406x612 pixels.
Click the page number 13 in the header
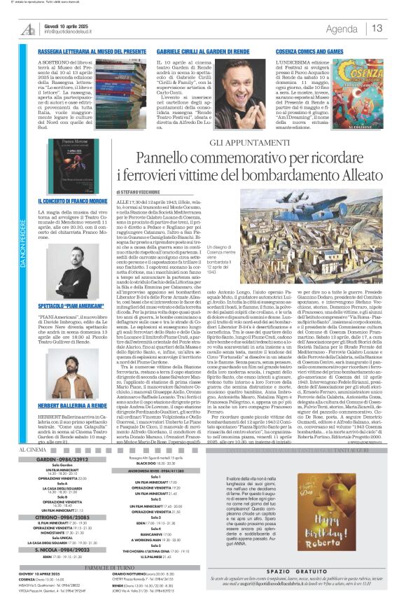[377, 28]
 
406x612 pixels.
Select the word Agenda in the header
[342, 29]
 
